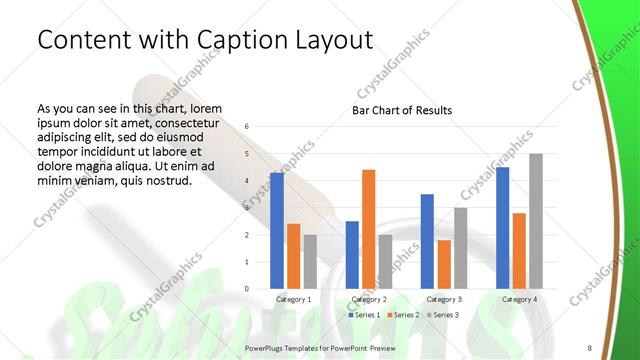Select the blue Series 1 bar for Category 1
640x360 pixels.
(277, 230)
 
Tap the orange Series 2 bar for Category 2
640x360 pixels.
(369, 229)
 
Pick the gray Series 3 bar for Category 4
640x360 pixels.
(536, 221)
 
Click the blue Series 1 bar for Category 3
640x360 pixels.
(427, 241)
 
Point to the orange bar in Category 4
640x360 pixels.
(519, 250)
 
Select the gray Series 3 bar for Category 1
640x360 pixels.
(310, 261)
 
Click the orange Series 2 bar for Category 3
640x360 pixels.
(444, 264)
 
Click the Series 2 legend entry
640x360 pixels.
(403, 315)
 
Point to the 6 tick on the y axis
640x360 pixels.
(248, 127)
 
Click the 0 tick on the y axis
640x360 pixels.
(248, 289)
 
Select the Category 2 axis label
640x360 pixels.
(369, 300)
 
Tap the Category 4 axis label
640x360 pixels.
(519, 300)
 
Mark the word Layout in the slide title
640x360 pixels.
(327, 40)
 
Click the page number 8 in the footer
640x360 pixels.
(589, 348)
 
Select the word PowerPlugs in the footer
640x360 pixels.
(266, 348)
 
